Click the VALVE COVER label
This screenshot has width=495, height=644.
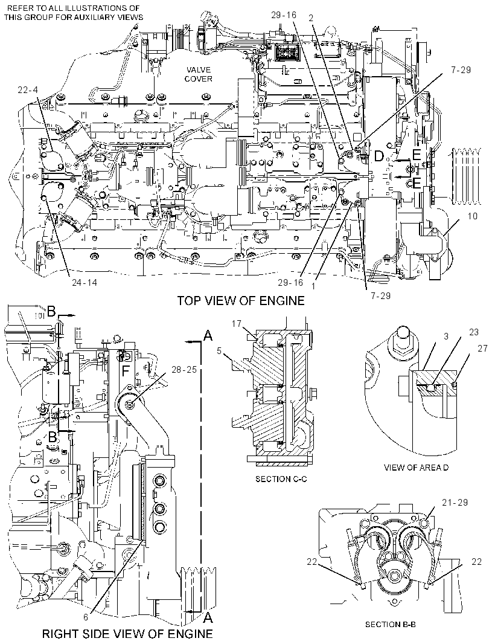(198, 74)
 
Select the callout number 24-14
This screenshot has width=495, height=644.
(84, 282)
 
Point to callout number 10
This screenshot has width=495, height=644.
(473, 216)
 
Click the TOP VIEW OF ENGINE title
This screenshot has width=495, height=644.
(240, 301)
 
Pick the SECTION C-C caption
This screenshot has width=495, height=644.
(281, 479)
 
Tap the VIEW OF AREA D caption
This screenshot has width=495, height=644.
(416, 468)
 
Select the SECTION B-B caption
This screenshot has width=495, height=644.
(391, 624)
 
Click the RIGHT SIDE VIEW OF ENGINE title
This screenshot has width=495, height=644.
(127, 633)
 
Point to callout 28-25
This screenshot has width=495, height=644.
(184, 369)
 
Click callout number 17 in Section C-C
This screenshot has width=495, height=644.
(236, 324)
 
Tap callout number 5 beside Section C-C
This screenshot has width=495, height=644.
(219, 350)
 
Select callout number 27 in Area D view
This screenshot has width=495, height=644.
(482, 349)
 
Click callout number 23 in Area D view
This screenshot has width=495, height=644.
(473, 332)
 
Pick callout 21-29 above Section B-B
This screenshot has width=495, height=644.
(455, 502)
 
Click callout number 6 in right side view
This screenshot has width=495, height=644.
(86, 616)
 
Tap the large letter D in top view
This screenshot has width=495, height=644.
(379, 156)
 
